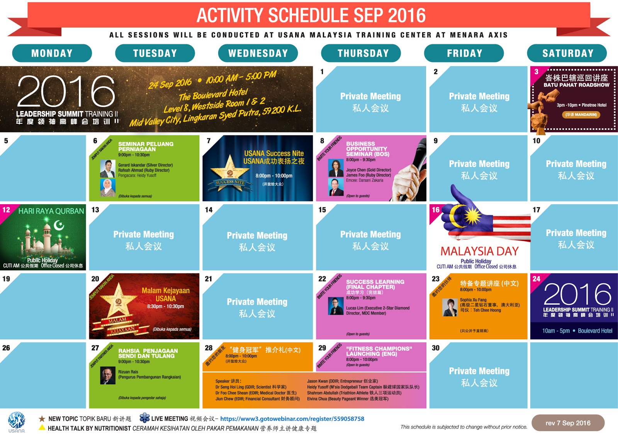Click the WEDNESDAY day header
(x=258, y=53)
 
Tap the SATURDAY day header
(x=567, y=53)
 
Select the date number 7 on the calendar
(x=209, y=141)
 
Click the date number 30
(x=436, y=348)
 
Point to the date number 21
(x=209, y=279)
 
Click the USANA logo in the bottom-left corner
(x=17, y=422)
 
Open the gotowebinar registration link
(x=292, y=419)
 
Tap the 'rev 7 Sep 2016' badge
(x=568, y=423)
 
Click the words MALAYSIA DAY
(x=479, y=251)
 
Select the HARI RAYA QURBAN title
(x=51, y=211)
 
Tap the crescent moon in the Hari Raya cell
(x=59, y=225)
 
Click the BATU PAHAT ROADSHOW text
(x=576, y=85)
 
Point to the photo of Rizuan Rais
(x=108, y=375)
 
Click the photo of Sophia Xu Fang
(x=450, y=307)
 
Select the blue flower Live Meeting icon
(x=144, y=418)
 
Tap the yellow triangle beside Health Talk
(x=42, y=427)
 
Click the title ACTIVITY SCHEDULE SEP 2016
(x=311, y=15)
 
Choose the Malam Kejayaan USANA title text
(x=165, y=294)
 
